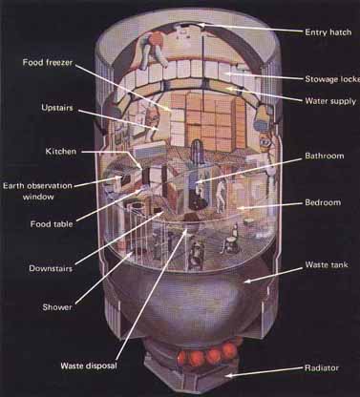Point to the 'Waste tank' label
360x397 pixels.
pyautogui.click(x=326, y=263)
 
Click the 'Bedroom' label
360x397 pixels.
pyautogui.click(x=324, y=203)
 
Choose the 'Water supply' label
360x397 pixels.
pyautogui.click(x=328, y=100)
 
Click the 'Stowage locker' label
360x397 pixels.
pyautogui.click(x=330, y=78)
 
